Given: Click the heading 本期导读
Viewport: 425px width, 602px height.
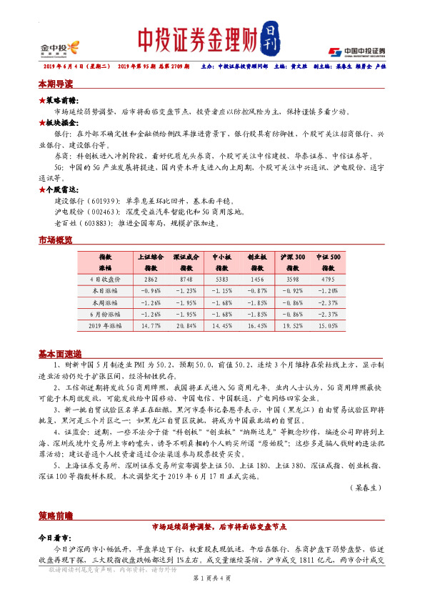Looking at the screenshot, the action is pos(55,84).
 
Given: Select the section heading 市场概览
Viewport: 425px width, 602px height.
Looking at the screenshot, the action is pos(55,241).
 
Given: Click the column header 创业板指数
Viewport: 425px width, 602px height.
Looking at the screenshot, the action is pos(257,261).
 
